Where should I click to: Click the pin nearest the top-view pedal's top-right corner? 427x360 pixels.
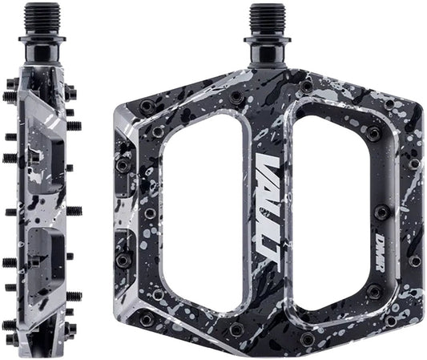[x=389, y=104]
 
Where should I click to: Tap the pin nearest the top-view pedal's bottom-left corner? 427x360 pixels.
[x=147, y=318]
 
